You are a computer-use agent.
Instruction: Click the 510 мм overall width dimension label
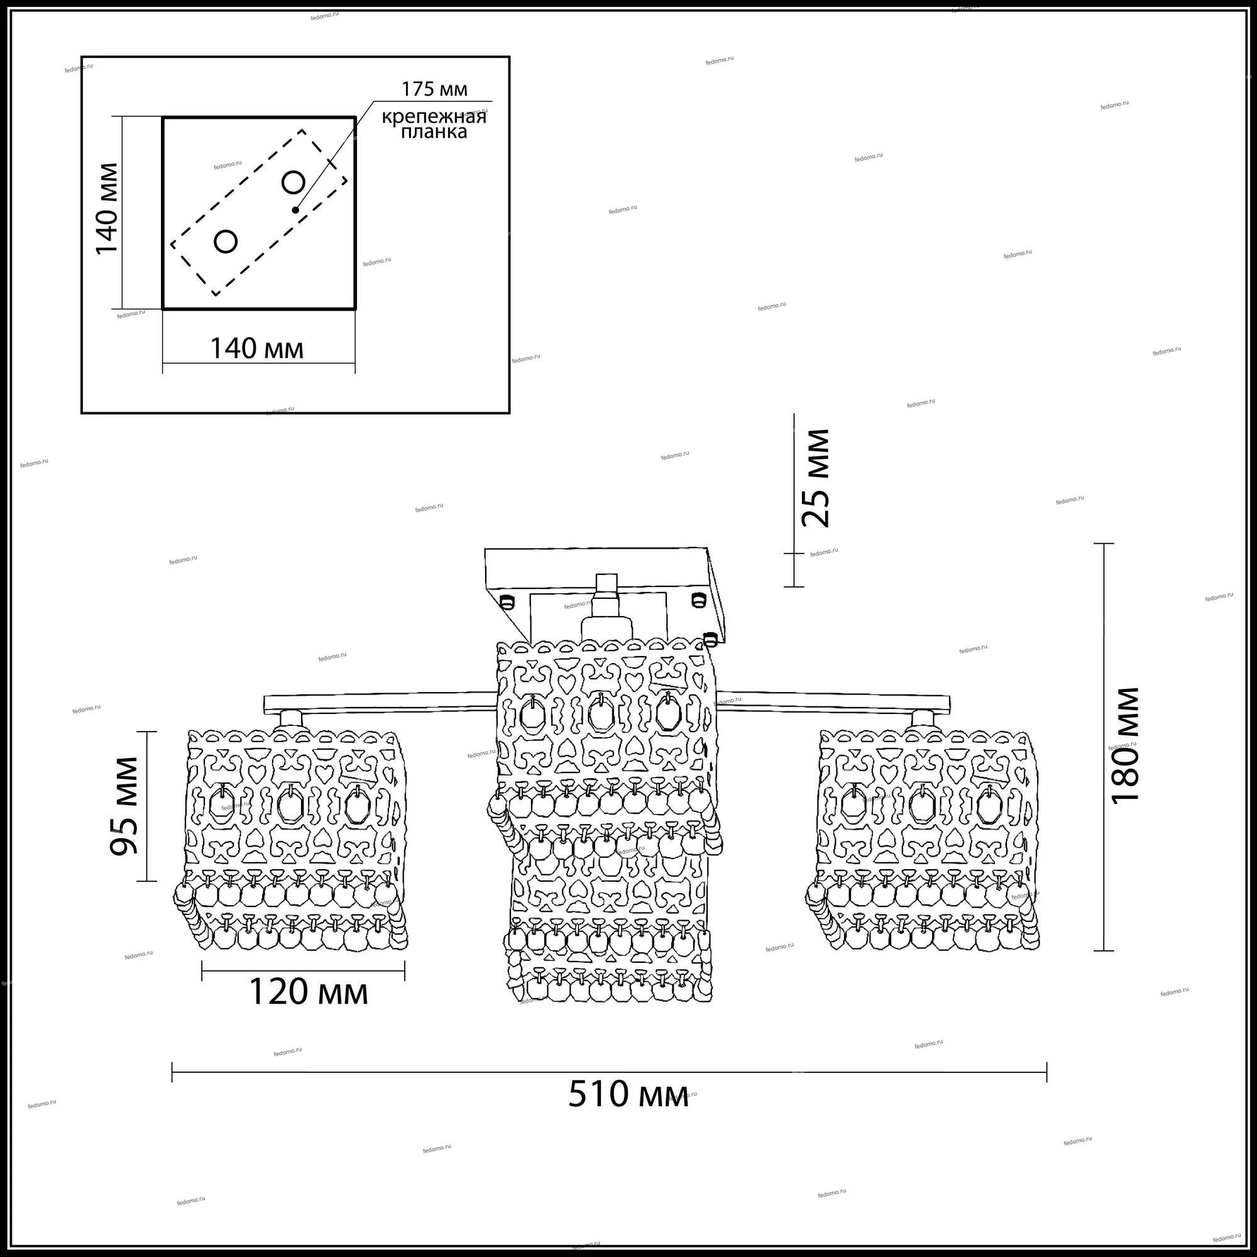[x=628, y=1094]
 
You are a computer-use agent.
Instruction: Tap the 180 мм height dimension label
[x=1124, y=745]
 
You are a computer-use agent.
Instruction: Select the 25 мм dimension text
[x=815, y=478]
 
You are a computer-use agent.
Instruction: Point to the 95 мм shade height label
[x=124, y=806]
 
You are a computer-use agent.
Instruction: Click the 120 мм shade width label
[x=309, y=992]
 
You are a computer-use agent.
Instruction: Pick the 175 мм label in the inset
[x=434, y=89]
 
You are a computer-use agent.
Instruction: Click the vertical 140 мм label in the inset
[x=107, y=209]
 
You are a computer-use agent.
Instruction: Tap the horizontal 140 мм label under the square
[x=256, y=349]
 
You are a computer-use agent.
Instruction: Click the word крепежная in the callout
[x=433, y=118]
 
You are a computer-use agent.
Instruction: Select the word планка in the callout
[x=433, y=132]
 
